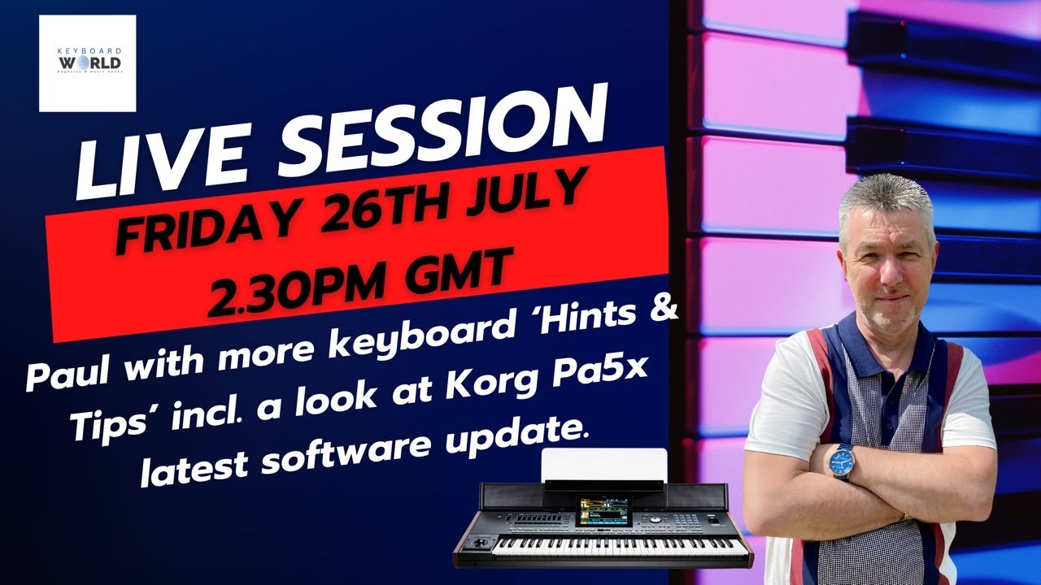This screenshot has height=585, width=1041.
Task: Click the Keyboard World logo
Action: pyautogui.click(x=87, y=63)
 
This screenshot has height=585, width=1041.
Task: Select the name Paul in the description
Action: pyautogui.click(x=68, y=376)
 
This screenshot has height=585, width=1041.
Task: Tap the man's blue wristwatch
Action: pyautogui.click(x=841, y=461)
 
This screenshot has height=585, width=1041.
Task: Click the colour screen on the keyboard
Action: pyautogui.click(x=603, y=511)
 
